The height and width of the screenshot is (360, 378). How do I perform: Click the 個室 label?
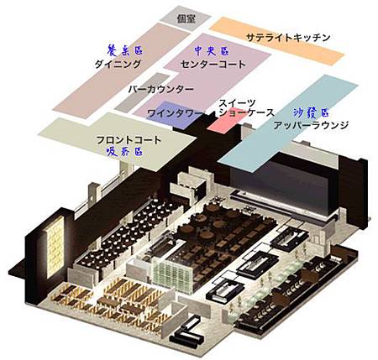[186, 19]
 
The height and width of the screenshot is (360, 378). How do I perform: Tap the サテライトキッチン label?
[288, 38]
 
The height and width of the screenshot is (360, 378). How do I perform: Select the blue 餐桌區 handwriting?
[125, 50]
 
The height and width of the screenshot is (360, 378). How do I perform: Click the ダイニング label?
[118, 65]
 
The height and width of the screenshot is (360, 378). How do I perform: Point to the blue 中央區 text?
[212, 51]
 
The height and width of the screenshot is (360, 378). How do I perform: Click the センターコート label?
[213, 65]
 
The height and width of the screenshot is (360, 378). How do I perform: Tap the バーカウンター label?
[161, 90]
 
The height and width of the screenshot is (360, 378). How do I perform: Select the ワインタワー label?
[175, 113]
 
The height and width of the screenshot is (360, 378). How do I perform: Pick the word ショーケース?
[246, 112]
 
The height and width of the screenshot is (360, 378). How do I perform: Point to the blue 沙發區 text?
[311, 112]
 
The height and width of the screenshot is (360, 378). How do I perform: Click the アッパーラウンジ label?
[311, 125]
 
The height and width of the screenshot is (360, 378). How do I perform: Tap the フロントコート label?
[129, 140]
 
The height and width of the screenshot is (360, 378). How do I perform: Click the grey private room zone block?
[186, 19]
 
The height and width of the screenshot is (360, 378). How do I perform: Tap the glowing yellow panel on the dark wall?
[55, 246]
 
